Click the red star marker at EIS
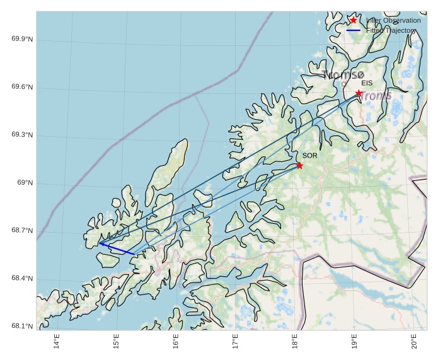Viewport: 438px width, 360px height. (359, 93)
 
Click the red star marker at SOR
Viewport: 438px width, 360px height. (299, 166)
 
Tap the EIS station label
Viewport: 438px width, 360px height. (367, 83)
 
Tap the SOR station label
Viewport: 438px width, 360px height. (309, 155)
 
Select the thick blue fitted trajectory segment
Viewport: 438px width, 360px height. (117, 248)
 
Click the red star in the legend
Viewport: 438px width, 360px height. (353, 20)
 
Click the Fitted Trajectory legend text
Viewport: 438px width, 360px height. (391, 30)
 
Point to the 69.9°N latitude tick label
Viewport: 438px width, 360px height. (22, 40)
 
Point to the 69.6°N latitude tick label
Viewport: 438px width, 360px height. (22, 88)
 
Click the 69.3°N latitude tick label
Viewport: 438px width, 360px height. (22, 136)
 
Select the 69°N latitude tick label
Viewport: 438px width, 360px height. (25, 183)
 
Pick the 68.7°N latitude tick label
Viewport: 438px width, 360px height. (22, 231)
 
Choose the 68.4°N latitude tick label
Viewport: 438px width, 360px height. (22, 279)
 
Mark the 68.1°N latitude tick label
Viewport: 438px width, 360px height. (22, 327)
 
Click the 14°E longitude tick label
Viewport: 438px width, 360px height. (57, 341)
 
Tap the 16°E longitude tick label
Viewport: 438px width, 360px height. (176, 341)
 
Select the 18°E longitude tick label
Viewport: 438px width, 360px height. (295, 341)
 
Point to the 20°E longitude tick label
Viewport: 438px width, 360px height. (414, 341)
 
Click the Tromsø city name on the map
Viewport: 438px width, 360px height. (343, 75)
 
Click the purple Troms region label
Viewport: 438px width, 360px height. (377, 96)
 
